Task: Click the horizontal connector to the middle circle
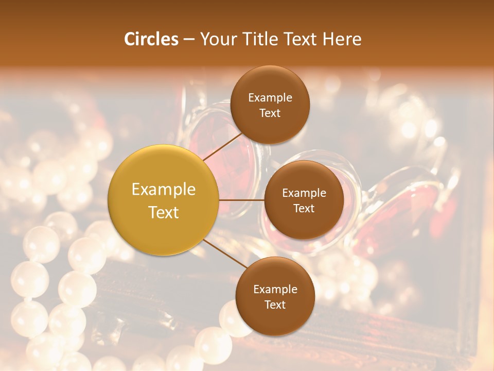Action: [x=241, y=200]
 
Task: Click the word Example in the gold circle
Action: [x=164, y=190]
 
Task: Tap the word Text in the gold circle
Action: [x=164, y=212]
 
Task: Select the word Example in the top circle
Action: [x=270, y=98]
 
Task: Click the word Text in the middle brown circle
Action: [x=304, y=209]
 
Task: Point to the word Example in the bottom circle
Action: [x=275, y=290]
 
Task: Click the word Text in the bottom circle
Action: [x=275, y=305]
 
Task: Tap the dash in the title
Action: [x=189, y=40]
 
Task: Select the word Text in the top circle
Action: [x=270, y=113]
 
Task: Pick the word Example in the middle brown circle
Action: [x=304, y=193]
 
